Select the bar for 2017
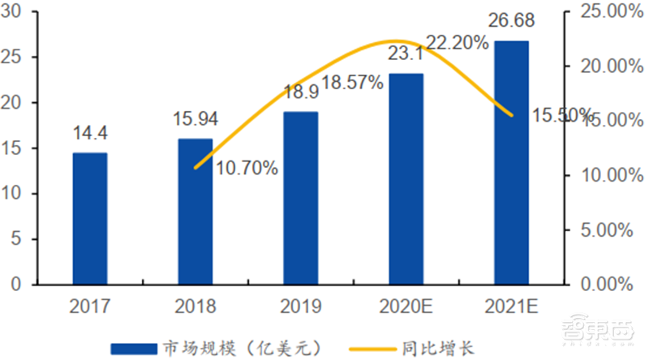[89, 219]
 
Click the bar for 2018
[196, 212]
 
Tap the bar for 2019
[301, 199]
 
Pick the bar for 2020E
[406, 179]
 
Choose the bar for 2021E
[512, 163]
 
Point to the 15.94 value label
[196, 119]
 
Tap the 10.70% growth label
[247, 169]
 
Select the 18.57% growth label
[354, 84]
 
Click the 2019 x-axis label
[301, 307]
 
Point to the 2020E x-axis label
[406, 307]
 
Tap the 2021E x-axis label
[512, 307]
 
